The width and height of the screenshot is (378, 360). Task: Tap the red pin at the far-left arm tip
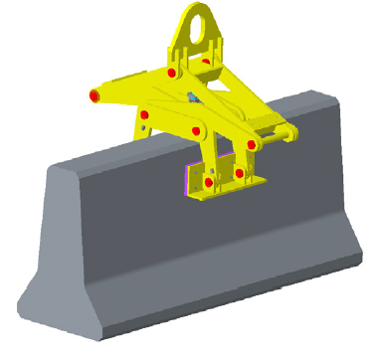point(94,95)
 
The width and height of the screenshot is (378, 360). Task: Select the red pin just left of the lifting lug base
point(173,74)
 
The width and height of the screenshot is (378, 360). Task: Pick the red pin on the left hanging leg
point(144,116)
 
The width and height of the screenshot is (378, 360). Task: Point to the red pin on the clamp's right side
point(251,145)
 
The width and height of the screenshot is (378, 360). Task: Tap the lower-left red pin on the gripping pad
point(208,184)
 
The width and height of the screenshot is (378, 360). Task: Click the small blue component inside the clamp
point(190,97)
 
